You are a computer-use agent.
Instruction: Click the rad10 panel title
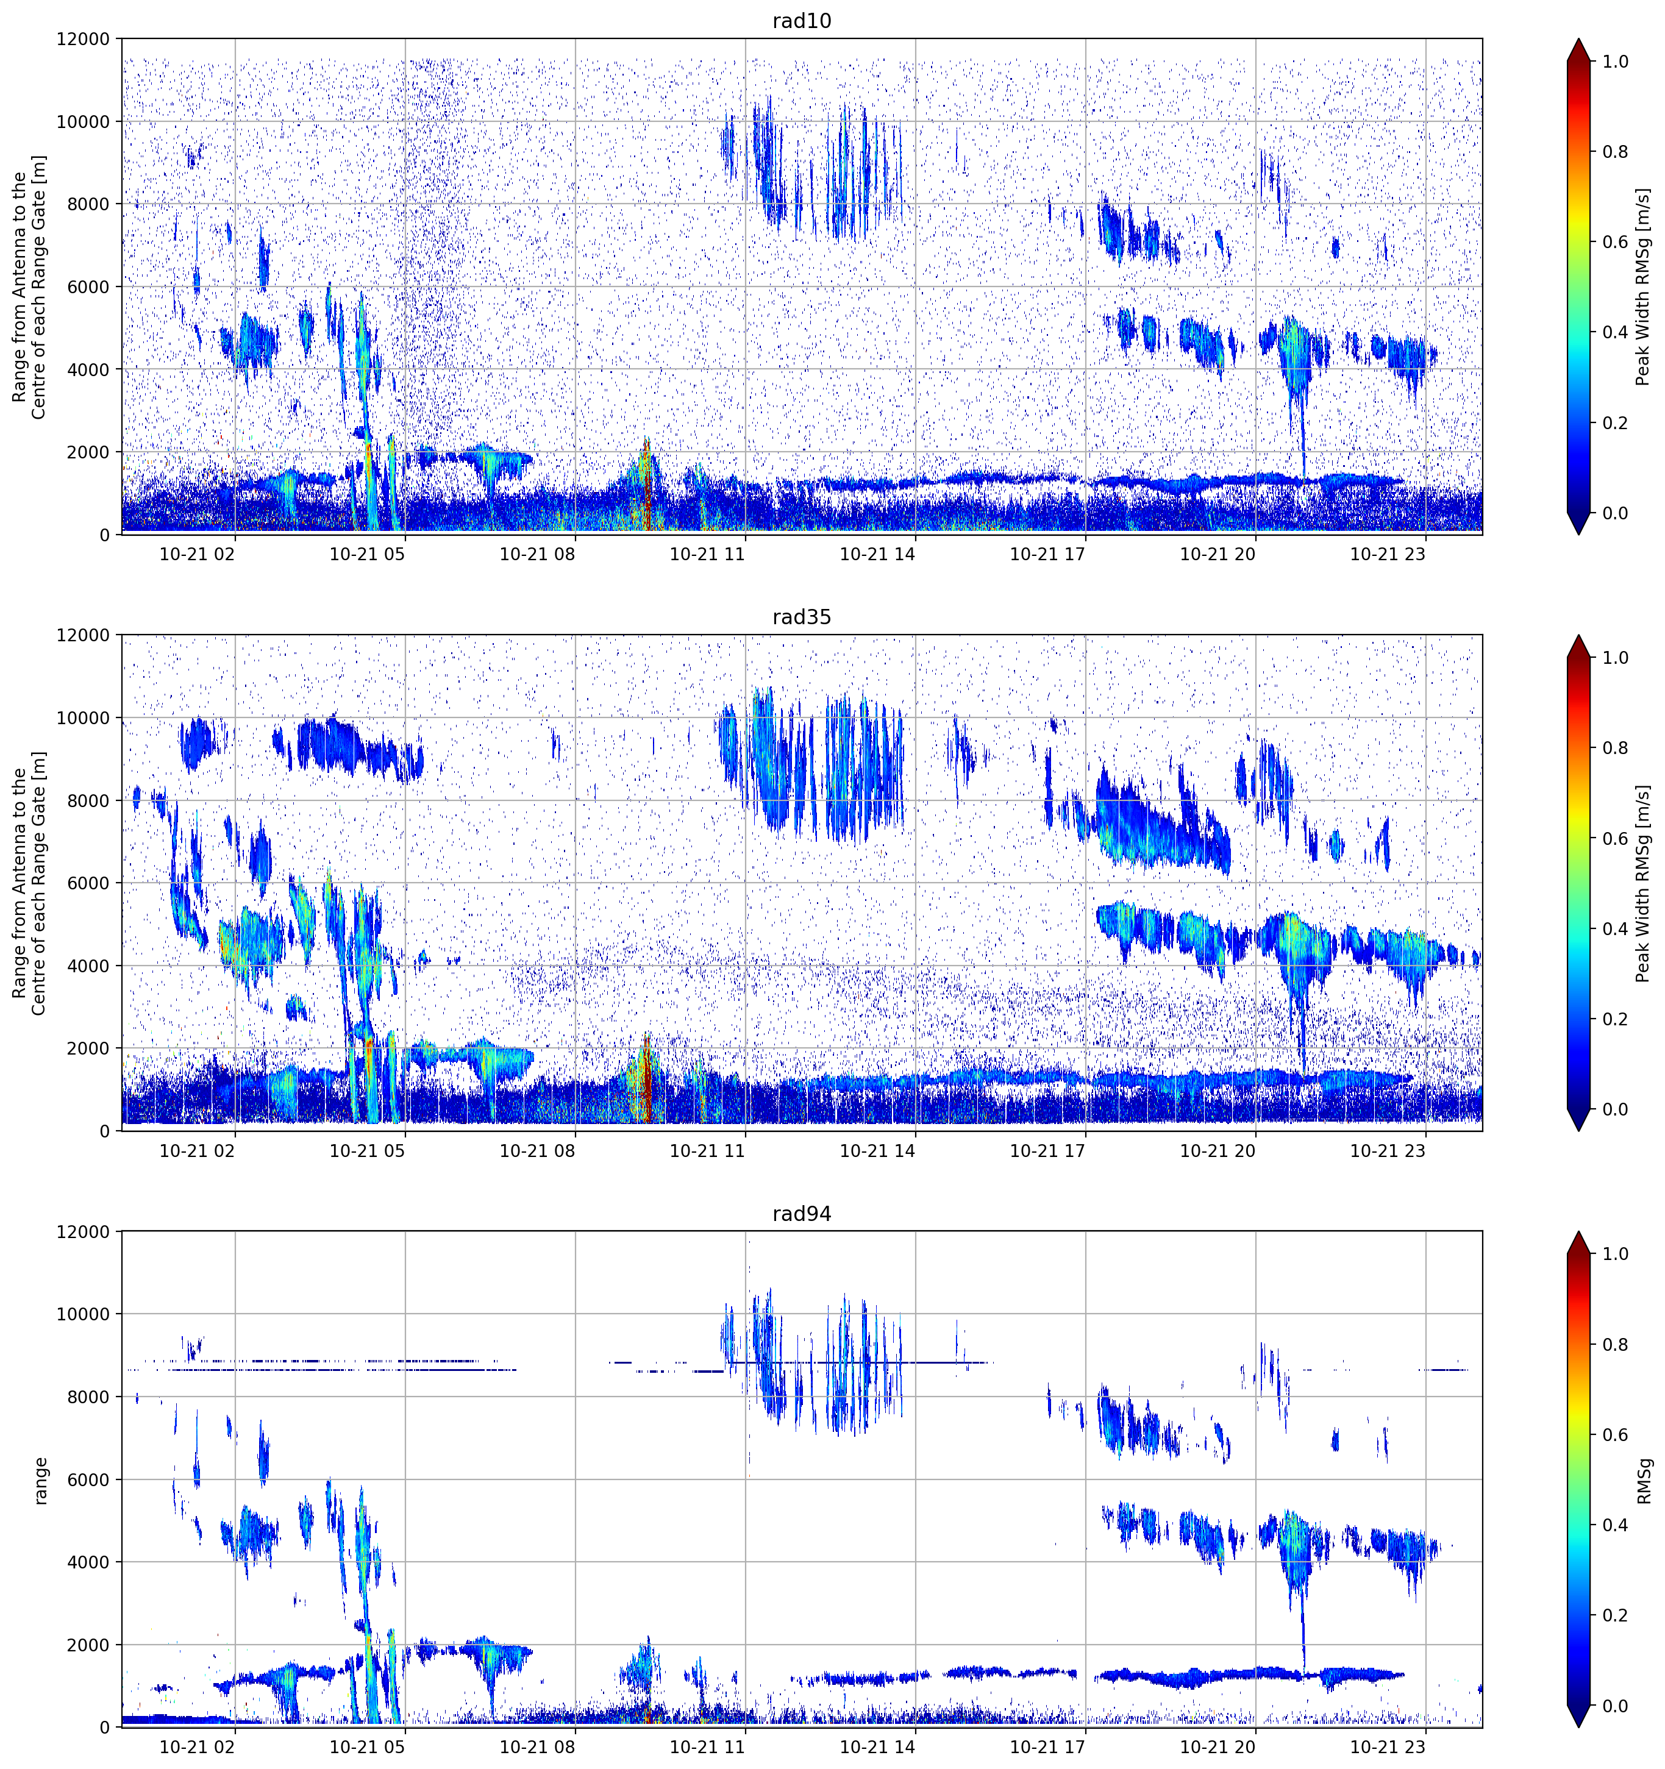[x=801, y=21]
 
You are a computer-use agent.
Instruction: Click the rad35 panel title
[x=801, y=617]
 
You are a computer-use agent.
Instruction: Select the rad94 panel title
[x=801, y=1214]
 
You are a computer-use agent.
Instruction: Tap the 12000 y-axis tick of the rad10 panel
[x=83, y=39]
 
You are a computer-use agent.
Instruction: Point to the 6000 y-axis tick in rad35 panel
[x=88, y=883]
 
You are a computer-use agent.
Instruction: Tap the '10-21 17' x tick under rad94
[x=1047, y=1747]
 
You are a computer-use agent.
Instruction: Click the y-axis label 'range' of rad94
[x=40, y=1479]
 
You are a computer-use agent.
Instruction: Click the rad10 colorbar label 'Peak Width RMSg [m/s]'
[x=1643, y=287]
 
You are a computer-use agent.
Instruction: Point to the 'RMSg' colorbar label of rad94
[x=1643, y=1480]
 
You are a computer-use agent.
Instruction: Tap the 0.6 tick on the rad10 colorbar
[x=1615, y=242]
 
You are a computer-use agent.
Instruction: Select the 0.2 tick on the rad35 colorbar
[x=1615, y=1019]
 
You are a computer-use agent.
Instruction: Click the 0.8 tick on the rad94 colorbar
[x=1615, y=1345]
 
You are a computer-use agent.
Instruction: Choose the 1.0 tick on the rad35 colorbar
[x=1615, y=658]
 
